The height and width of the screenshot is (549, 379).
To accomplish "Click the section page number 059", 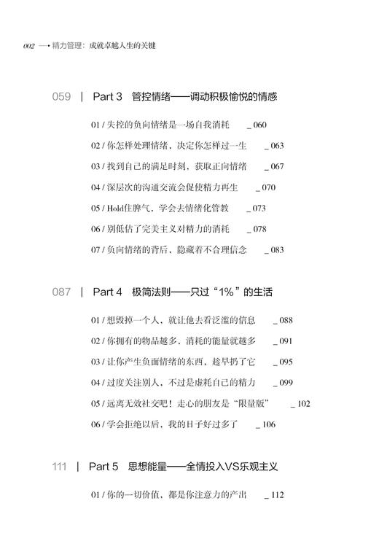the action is coord(62,96).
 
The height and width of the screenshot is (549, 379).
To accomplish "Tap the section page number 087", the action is coord(62,292).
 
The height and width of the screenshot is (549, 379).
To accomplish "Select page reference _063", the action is coord(274,146).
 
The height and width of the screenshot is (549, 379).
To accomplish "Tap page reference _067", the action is coord(274,166).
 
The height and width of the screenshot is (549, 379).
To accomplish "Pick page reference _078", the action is coord(257,229).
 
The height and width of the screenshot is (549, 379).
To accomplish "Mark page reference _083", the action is coord(274,250).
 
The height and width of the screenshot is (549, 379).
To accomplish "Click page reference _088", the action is coord(283,320).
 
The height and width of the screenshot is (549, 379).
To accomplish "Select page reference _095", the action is coord(283,362).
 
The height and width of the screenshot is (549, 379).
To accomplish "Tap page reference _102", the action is coord(300,403).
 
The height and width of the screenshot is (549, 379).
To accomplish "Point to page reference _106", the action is coord(265,424).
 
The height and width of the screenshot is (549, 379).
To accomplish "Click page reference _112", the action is coord(274,496).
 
